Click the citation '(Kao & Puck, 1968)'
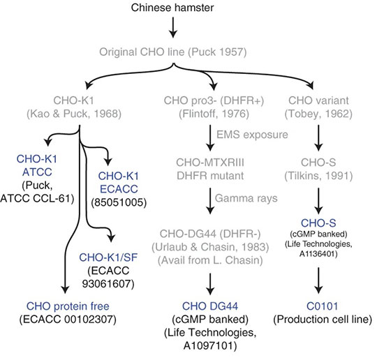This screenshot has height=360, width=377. click(x=79, y=114)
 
